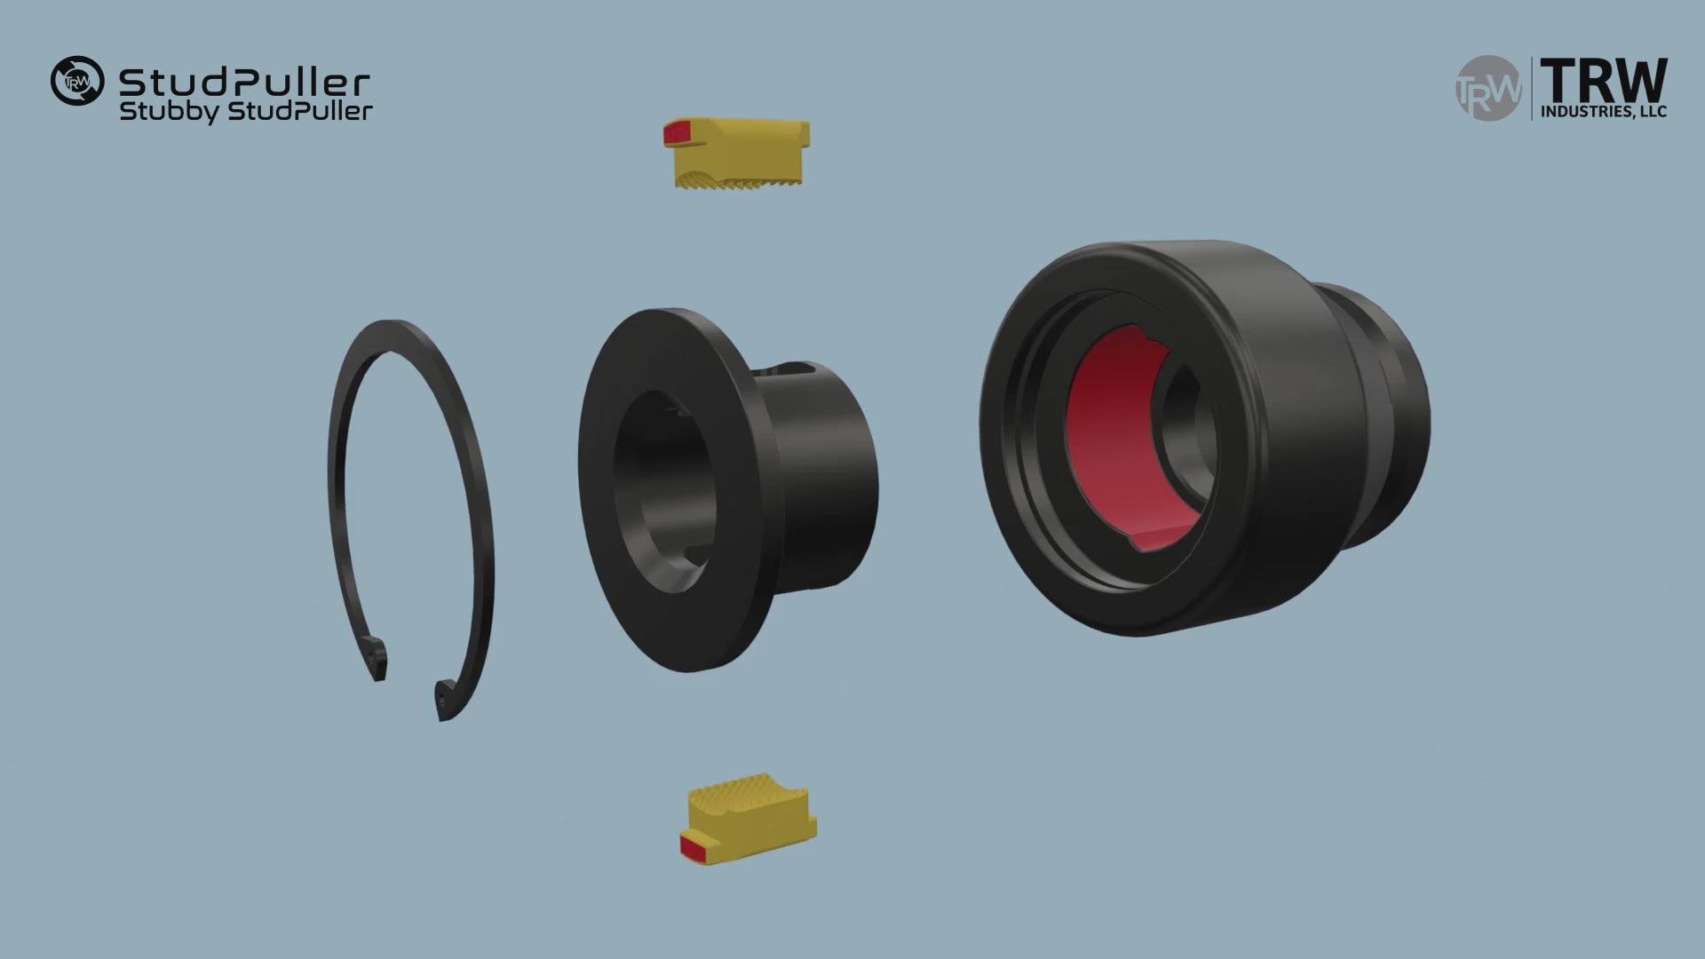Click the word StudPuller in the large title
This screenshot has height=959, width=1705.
coord(244,83)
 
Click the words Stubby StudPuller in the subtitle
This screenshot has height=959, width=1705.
coord(246,112)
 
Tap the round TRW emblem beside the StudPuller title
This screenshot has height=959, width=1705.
coord(77,82)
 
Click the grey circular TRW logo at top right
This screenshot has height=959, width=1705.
coord(1487,89)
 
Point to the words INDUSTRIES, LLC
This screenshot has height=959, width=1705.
coord(1604,112)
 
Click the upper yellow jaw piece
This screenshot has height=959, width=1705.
coord(736,154)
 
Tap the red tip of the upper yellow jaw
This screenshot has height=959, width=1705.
coord(676,133)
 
